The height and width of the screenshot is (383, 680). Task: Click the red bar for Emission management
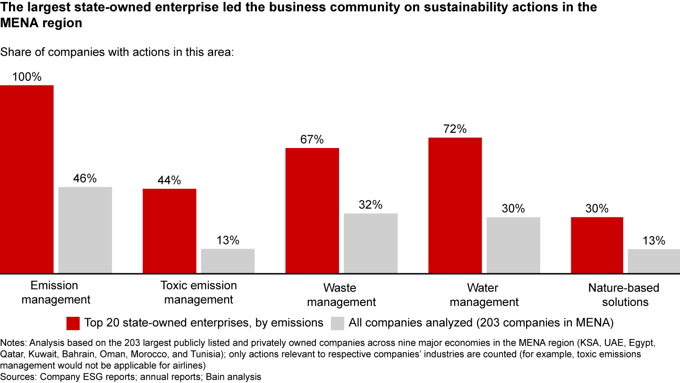(26, 179)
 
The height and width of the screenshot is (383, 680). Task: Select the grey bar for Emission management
(85, 230)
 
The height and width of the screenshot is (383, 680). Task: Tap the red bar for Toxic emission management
(169, 231)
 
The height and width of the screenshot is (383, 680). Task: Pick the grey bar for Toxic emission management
(228, 261)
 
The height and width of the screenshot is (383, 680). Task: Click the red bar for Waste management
(312, 210)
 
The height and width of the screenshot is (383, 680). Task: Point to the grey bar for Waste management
(371, 243)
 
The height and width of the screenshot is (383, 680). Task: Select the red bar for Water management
(455, 205)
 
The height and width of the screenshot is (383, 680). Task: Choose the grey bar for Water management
(513, 245)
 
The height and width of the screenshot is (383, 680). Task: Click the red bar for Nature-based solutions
(597, 245)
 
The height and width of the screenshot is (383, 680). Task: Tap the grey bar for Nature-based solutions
(654, 261)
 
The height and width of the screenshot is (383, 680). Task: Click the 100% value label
(27, 77)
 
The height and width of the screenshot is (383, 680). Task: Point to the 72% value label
(455, 129)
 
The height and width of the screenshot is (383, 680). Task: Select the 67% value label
(312, 139)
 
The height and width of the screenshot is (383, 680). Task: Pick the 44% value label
(170, 180)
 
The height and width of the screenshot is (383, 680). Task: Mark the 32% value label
(371, 205)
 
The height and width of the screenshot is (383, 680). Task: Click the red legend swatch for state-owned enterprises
(73, 323)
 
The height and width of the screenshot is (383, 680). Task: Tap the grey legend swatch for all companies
(338, 323)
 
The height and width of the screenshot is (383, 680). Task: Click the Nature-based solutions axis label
(624, 295)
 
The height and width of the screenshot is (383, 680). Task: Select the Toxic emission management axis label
(199, 292)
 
